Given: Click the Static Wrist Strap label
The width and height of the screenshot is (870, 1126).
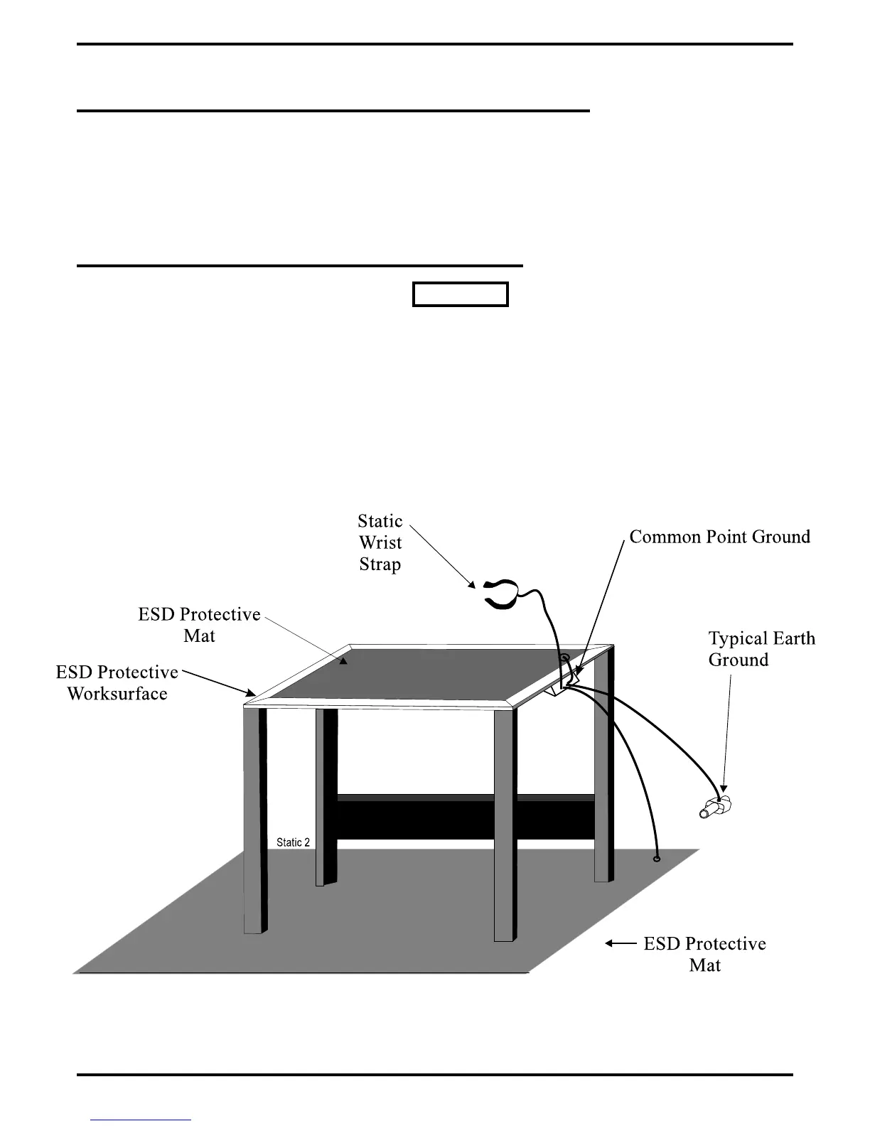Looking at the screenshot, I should [x=380, y=542].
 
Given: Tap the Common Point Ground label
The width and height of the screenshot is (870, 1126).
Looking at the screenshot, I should [x=719, y=537].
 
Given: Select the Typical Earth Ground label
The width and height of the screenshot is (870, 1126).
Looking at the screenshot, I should [x=761, y=648].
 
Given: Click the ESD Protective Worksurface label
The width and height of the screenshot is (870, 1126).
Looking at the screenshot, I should [x=117, y=682].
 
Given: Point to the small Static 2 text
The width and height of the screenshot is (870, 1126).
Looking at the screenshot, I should [x=293, y=842].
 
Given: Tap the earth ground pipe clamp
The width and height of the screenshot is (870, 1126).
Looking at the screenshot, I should [x=716, y=808].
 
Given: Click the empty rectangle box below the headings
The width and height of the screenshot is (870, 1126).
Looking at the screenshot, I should [x=461, y=294].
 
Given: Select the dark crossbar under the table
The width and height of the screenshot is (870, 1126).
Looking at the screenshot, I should [x=465, y=817].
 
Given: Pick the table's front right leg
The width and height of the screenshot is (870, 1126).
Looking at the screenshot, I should [x=505, y=825].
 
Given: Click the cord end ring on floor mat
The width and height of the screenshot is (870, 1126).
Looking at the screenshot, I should [x=656, y=859].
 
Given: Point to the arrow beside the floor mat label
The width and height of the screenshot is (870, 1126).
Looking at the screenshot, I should [x=621, y=943].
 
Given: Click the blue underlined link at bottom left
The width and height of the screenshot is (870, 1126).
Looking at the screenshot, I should [x=141, y=1120].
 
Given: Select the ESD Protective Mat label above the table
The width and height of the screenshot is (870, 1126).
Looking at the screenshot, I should [x=199, y=625].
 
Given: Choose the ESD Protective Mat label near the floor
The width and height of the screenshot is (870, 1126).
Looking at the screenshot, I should [x=704, y=954].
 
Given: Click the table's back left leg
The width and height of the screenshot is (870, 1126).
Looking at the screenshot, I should [x=326, y=796].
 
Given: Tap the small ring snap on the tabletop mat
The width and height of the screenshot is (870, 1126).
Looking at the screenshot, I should [x=564, y=658].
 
